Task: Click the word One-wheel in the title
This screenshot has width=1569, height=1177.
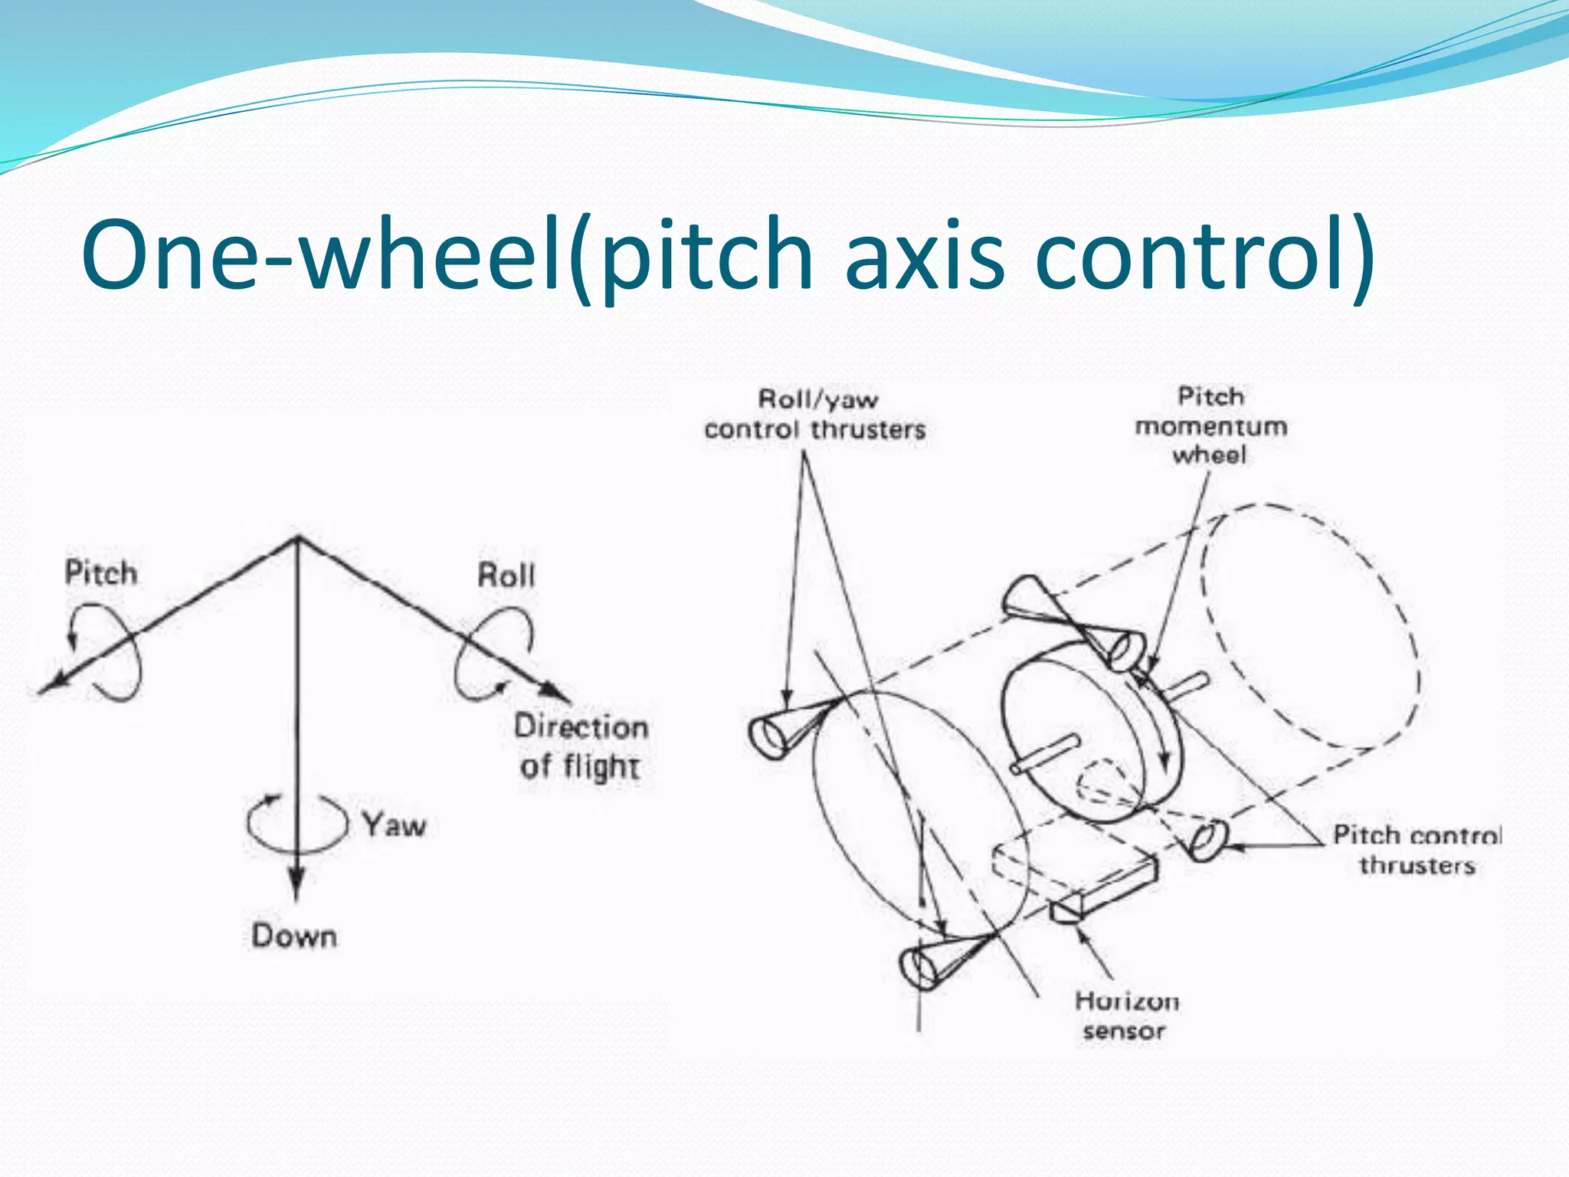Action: tap(322, 254)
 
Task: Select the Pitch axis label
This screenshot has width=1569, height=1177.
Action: tap(100, 573)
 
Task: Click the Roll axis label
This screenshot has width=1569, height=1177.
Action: tap(506, 575)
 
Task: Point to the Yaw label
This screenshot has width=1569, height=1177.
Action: tap(394, 825)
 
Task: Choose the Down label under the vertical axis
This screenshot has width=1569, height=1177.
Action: tap(294, 936)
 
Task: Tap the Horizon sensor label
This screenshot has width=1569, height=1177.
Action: tap(1125, 1016)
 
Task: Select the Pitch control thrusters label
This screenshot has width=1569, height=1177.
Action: tap(1417, 850)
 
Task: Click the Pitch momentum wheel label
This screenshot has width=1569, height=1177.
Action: tap(1210, 426)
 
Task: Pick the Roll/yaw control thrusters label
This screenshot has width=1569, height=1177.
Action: tap(815, 415)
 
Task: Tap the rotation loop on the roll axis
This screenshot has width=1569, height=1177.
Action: tap(490, 651)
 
